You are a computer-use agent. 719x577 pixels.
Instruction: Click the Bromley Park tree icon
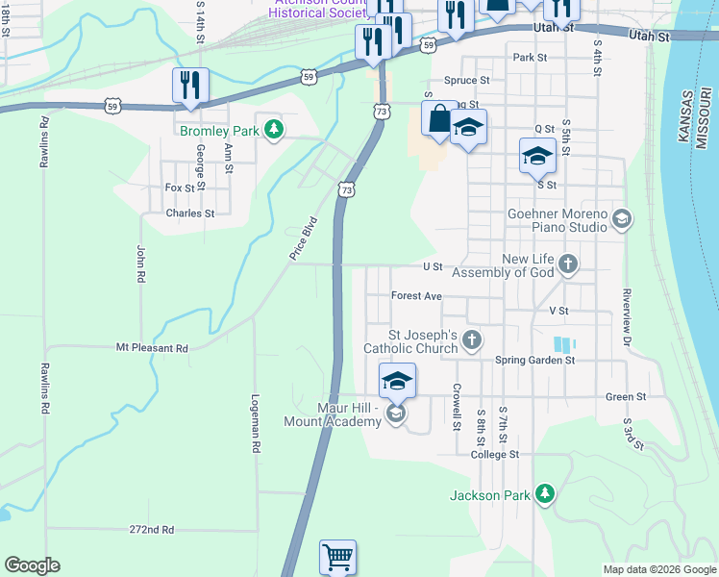click(275, 129)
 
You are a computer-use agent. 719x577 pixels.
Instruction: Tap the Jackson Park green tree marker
click(545, 494)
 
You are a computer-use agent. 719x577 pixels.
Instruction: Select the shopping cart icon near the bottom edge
click(337, 557)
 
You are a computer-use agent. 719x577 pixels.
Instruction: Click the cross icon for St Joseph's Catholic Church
click(471, 339)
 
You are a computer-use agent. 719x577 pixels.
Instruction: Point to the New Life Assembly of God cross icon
click(568, 263)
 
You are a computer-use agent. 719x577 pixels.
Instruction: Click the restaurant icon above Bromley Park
click(190, 86)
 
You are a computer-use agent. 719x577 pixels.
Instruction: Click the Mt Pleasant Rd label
click(152, 347)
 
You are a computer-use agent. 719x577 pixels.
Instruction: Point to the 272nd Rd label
click(152, 529)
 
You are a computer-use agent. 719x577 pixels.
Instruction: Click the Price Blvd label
click(303, 238)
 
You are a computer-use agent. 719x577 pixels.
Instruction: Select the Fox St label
click(180, 188)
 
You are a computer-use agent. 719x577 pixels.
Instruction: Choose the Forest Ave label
click(416, 296)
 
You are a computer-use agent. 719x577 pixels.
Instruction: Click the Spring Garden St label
click(534, 361)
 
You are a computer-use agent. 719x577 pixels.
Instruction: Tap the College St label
click(495, 454)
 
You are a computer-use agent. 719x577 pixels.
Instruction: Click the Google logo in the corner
click(32, 565)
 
